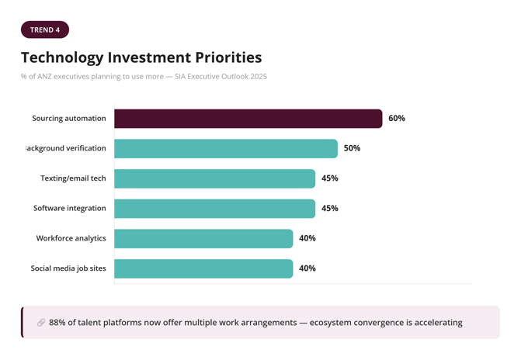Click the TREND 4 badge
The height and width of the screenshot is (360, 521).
(45, 30)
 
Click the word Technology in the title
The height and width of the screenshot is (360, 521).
(62, 57)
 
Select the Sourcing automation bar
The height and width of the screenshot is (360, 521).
(248, 119)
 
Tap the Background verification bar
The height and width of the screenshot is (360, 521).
(226, 148)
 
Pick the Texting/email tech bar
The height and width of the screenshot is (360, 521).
(214, 178)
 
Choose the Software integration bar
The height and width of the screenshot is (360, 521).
(214, 209)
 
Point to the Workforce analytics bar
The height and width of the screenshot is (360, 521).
(203, 238)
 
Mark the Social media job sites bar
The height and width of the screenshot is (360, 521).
(203, 268)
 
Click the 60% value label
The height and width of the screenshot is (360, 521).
(397, 119)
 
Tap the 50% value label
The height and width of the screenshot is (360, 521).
(352, 148)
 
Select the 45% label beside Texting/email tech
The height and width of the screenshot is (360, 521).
(329, 178)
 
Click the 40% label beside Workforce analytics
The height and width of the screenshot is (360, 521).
(307, 238)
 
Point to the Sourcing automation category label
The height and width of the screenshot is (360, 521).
(68, 119)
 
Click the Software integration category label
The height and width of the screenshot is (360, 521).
(69, 209)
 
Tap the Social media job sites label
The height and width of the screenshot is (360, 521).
(68, 268)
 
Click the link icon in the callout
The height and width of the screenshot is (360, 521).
(41, 323)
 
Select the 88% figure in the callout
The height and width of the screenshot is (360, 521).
(57, 323)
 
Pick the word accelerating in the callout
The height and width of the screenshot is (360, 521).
(432, 323)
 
